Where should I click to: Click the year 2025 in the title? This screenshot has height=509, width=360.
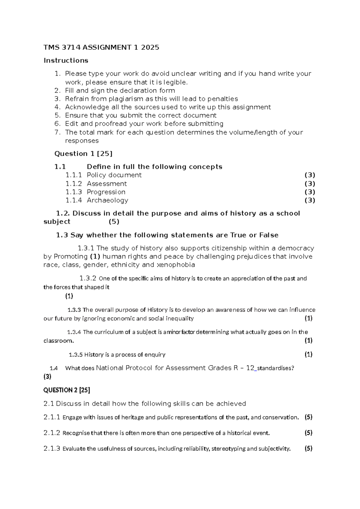click(149, 47)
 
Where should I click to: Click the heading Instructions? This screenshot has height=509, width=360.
click(66, 61)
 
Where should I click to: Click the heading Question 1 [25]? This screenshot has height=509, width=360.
click(83, 154)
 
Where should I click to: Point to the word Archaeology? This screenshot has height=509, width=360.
click(107, 200)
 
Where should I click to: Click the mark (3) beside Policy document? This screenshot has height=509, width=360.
click(310, 175)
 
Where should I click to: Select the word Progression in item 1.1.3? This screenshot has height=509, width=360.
click(106, 192)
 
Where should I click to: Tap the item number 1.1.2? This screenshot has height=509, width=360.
click(73, 184)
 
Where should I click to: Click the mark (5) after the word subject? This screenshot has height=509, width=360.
click(114, 222)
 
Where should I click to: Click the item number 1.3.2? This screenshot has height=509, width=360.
click(88, 278)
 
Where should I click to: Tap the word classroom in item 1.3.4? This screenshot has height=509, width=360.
click(58, 341)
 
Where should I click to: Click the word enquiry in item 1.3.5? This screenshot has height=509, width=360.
click(155, 355)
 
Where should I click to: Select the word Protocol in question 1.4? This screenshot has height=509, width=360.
click(139, 368)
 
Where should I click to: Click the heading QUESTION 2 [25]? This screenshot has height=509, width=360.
click(67, 390)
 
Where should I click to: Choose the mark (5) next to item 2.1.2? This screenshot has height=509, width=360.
click(308, 433)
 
